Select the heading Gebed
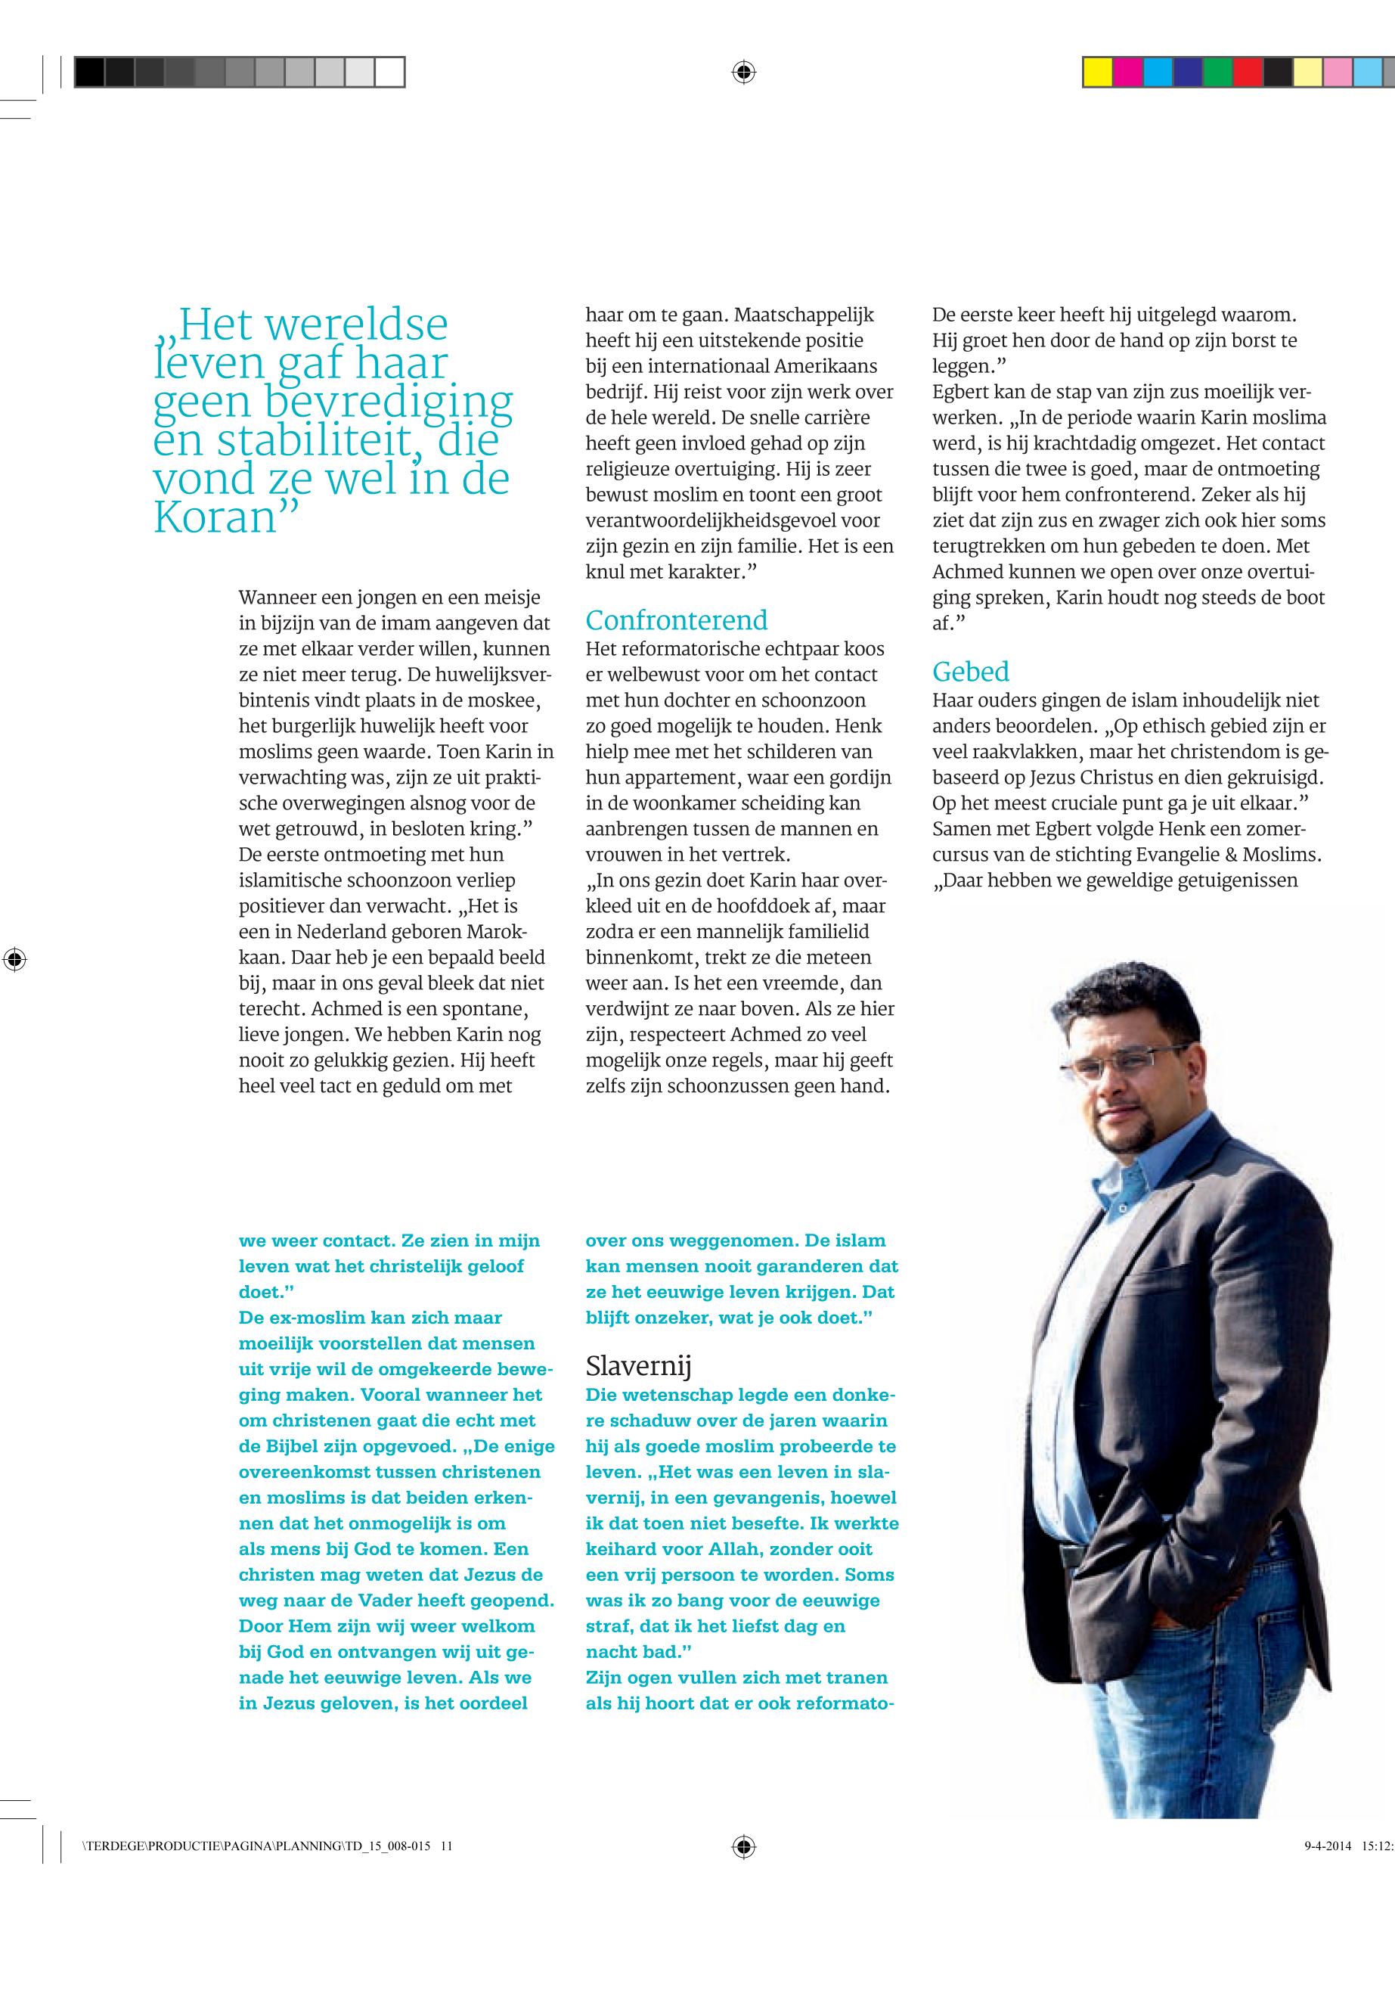[970, 672]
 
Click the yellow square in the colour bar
[1098, 72]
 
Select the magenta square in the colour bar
[1127, 72]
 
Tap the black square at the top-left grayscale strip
[89, 72]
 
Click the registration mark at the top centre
[743, 72]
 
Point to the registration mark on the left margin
[15, 959]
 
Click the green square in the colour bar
[1217, 72]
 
